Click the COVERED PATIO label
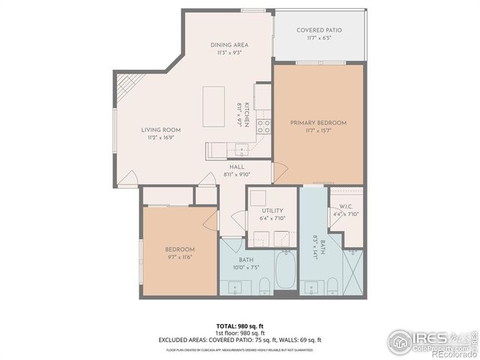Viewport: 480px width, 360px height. pos(319,31)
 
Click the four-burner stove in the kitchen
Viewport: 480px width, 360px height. pos(263,126)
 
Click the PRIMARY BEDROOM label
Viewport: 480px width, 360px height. pos(318,122)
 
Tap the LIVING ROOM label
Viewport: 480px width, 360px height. pos(161,130)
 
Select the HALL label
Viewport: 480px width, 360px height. pos(236,166)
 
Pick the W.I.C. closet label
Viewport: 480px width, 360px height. pos(346,206)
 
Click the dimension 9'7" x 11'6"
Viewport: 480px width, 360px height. pos(180,257)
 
